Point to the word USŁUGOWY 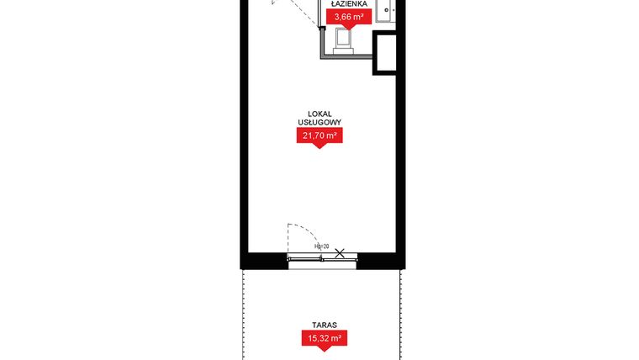coord(319,122)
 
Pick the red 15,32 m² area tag coord(324,338)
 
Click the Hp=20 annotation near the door coord(321,246)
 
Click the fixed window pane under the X coord(340,259)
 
